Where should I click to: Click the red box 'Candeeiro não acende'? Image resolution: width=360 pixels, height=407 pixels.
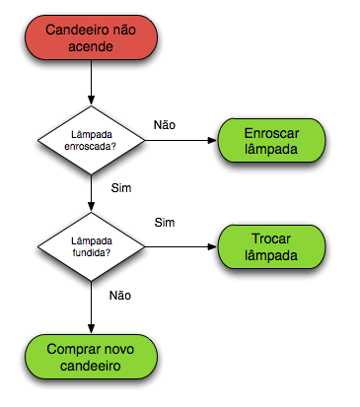coord(91,38)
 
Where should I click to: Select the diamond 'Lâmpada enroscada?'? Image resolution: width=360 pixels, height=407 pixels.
coord(91,140)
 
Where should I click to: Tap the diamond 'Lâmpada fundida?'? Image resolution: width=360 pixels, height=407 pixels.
coord(91,245)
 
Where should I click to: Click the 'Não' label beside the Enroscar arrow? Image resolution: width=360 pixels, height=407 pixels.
coord(164,125)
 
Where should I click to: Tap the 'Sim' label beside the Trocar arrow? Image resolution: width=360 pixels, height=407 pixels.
coord(164,223)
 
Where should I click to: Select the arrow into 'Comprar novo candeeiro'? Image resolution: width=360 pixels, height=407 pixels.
coord(91,305)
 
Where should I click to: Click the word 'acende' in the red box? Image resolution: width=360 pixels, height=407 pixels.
coord(91,47)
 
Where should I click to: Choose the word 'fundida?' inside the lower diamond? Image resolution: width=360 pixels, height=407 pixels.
coord(91,252)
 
